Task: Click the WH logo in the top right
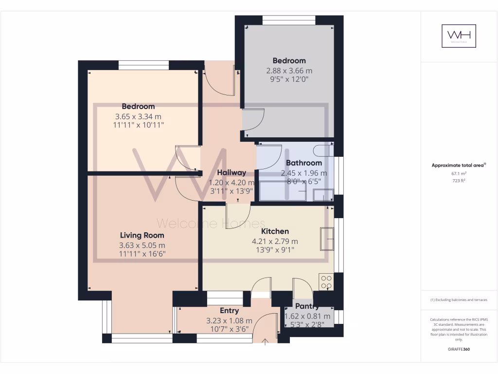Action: [x=459, y=36]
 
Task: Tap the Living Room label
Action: [x=142, y=235]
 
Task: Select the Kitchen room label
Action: [x=275, y=231]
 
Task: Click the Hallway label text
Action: [x=231, y=172]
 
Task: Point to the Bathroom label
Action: [x=304, y=163]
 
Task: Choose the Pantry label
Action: [x=307, y=306]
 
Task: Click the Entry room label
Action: [x=229, y=311]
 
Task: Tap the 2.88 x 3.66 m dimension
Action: [x=289, y=70]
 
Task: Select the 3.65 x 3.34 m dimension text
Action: [x=138, y=116]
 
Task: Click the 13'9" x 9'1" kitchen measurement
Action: [x=275, y=250]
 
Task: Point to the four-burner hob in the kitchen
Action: [x=325, y=282]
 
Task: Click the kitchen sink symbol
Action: [x=327, y=239]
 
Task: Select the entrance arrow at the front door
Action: [x=265, y=342]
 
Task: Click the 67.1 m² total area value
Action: [x=459, y=173]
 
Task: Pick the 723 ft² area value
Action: [x=459, y=181]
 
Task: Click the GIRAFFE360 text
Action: [x=459, y=349]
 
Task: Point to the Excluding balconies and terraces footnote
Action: [x=459, y=300]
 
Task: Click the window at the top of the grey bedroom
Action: [x=289, y=20]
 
